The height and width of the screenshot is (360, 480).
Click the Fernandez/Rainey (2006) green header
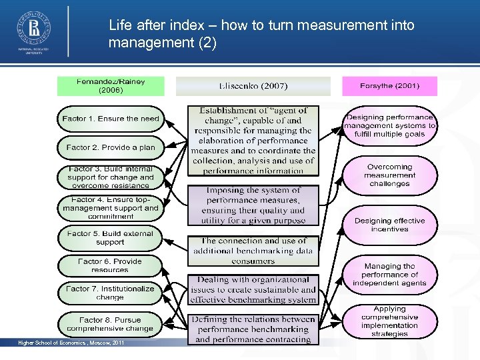pos(110,85)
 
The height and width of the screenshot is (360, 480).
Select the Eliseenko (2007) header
pos(253,86)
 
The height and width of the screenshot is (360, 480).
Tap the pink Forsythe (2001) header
pos(390,86)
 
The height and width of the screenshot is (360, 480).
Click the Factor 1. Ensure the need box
pos(111,119)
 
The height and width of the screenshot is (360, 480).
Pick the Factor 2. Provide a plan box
pos(111,147)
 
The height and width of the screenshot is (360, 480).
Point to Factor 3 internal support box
pos(111,177)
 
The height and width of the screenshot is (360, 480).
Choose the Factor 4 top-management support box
pos(111,207)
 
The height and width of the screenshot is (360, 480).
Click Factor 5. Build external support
pos(111,238)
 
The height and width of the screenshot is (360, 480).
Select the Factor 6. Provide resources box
pos(111,265)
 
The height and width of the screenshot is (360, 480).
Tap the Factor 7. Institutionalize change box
pos(111,293)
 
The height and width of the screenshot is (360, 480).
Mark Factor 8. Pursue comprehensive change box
pos(111,324)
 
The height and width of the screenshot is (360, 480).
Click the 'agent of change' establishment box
pos(253,140)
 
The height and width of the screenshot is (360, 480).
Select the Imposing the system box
pos(253,205)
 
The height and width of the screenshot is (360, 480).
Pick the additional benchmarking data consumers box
pos(253,251)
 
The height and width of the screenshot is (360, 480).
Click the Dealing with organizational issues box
pos(253,290)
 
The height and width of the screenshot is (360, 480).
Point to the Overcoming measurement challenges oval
pos(390,175)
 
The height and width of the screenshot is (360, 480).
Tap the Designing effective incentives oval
pos(390,225)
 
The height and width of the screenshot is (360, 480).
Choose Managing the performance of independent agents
pos(390,275)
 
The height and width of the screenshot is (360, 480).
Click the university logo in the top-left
pos(33,30)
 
